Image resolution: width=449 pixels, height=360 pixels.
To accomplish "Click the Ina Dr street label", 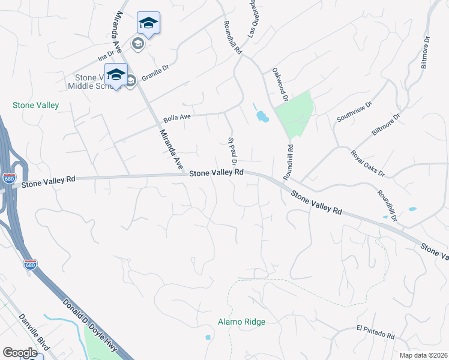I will tap(106, 58).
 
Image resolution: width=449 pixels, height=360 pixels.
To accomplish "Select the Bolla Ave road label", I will tap(176, 117).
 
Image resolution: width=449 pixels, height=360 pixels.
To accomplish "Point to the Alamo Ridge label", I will tap(241, 322).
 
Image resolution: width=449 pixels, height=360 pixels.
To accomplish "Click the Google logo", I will tap(20, 353).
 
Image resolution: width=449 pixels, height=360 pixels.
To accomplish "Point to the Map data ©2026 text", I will tap(423, 355).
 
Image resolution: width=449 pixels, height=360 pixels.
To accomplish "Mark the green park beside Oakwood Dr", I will tap(294, 115).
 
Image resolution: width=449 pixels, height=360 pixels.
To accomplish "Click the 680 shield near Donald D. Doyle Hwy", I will tap(30, 263).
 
